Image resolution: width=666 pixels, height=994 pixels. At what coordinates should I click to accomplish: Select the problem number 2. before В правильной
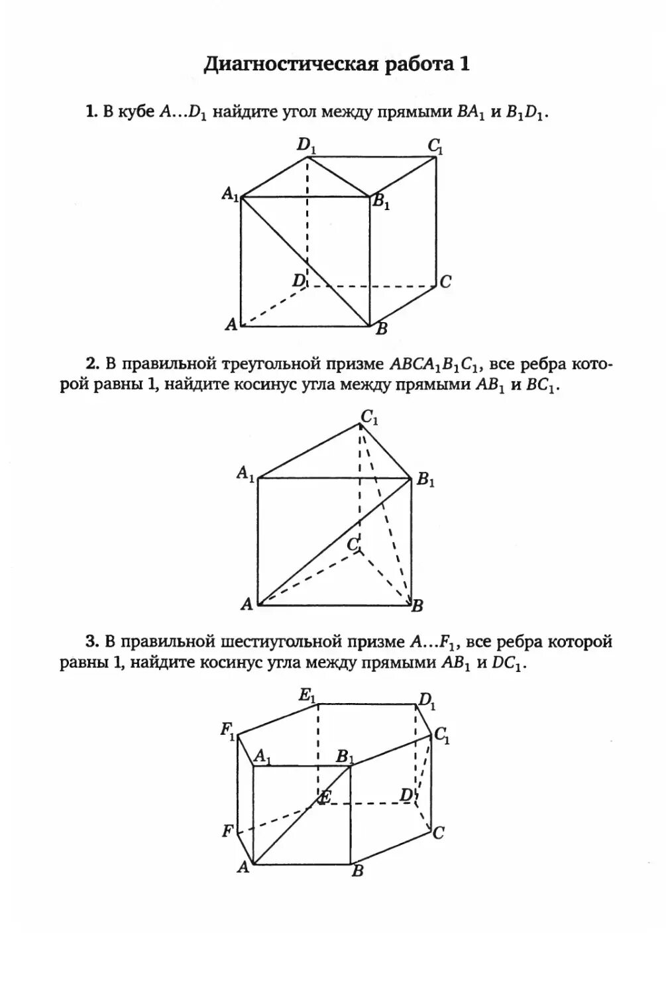click(x=92, y=364)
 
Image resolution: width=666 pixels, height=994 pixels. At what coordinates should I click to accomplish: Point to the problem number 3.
click(x=91, y=641)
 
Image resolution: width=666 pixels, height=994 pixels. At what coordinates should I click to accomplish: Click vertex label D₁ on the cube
click(x=306, y=145)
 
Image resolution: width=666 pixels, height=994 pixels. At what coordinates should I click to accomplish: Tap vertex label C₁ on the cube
click(x=435, y=145)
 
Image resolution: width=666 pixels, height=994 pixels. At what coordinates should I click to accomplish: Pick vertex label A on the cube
click(x=231, y=324)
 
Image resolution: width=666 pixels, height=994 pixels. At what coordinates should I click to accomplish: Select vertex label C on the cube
click(x=445, y=282)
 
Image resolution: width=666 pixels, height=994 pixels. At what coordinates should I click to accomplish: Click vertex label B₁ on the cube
click(x=381, y=202)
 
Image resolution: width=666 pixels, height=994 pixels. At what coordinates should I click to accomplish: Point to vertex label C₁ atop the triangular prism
click(x=369, y=417)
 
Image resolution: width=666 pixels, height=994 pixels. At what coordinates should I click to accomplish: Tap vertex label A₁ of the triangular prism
click(x=246, y=474)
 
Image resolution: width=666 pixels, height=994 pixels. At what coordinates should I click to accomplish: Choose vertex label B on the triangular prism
click(x=417, y=605)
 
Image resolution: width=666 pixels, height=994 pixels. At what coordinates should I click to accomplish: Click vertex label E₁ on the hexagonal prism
click(x=307, y=695)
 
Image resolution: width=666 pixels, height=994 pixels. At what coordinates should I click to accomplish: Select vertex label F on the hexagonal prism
click(x=227, y=830)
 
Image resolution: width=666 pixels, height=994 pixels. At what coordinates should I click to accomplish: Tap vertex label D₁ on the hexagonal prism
click(x=427, y=700)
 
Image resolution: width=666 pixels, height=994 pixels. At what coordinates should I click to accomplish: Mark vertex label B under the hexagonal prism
click(x=357, y=871)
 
